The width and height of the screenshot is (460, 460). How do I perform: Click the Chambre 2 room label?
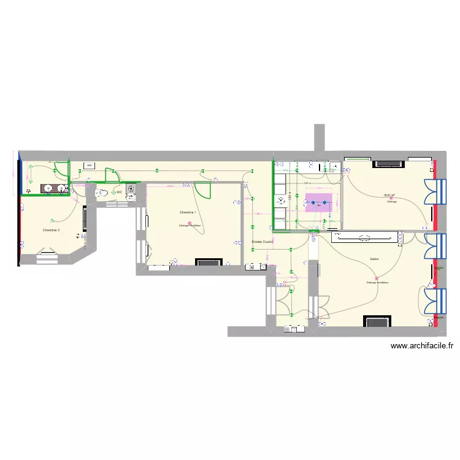coord(51,230)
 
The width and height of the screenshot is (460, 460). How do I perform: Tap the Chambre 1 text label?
coord(188,212)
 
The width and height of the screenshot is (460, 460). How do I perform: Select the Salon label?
coord(374,259)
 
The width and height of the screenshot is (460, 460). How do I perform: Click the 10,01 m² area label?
coord(388,196)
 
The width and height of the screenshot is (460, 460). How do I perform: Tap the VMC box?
coord(89,166)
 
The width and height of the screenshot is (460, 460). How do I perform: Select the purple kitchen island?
coord(319,203)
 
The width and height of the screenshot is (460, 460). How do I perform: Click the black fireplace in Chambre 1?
coord(209,263)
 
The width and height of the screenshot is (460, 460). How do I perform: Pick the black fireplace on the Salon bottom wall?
coord(377,321)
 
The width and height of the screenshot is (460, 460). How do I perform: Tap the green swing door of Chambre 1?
coord(204,191)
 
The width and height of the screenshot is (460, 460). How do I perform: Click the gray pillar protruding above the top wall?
coord(319,137)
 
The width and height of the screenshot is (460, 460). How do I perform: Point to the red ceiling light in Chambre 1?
coord(190,223)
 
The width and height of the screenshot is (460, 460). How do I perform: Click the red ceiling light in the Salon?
coord(377,280)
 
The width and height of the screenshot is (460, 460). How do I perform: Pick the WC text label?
coord(119,193)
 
